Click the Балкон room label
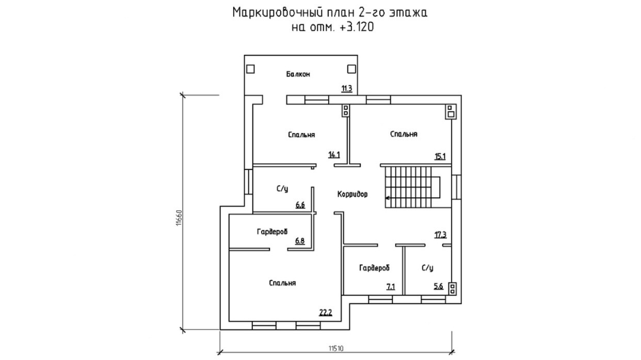(x=298, y=74)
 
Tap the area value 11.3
(x=346, y=88)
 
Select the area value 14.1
(x=334, y=155)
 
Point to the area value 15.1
(x=440, y=156)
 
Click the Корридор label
(x=352, y=194)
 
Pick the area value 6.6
(x=300, y=205)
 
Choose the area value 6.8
(x=300, y=241)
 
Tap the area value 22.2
(x=326, y=312)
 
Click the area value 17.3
(x=440, y=235)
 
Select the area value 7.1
(x=391, y=287)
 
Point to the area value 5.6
(x=438, y=286)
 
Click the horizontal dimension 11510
(x=336, y=349)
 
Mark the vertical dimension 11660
(x=179, y=218)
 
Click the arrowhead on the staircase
(x=388, y=198)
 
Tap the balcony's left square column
(x=250, y=69)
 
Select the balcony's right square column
(x=351, y=69)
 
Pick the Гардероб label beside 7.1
(x=374, y=268)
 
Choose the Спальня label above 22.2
(x=282, y=283)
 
